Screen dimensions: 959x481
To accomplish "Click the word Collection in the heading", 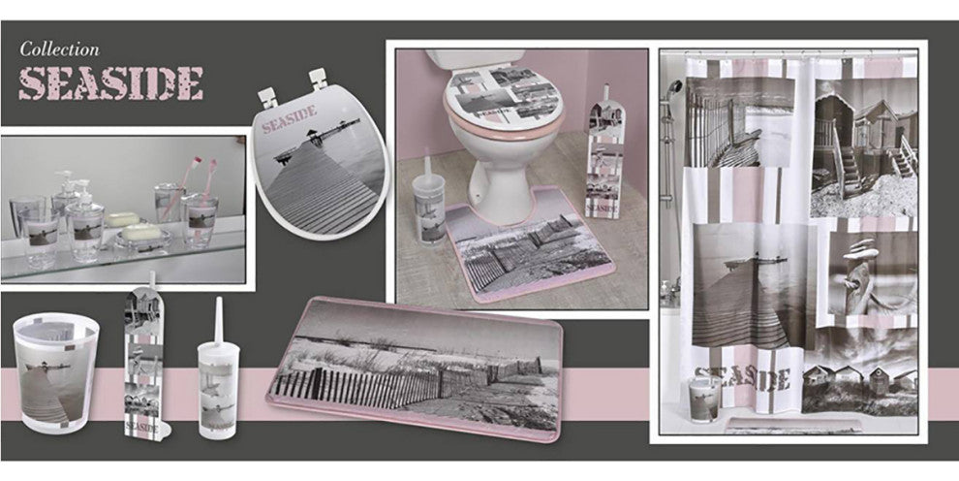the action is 59,48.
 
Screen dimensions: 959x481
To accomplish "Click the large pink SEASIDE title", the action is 110,83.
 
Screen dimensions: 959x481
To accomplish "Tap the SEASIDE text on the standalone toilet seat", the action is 290,119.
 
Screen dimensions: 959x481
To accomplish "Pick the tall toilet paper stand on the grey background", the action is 145,361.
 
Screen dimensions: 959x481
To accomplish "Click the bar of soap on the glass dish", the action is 141,233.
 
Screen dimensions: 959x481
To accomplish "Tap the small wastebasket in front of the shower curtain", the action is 704,400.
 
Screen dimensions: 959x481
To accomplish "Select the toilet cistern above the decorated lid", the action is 475,59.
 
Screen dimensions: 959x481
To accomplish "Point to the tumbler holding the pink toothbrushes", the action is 199,220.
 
